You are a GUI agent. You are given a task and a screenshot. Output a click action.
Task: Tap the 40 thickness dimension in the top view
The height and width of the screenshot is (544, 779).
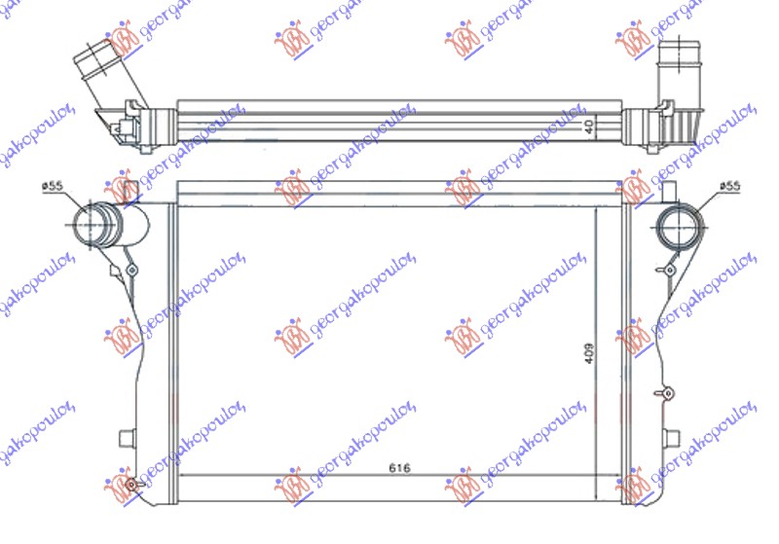coord(589,127)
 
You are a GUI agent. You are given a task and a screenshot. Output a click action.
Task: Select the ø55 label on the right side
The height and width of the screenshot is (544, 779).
coord(730,186)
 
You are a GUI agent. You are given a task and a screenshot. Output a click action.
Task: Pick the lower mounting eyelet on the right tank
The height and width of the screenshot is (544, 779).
coord(667,392)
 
